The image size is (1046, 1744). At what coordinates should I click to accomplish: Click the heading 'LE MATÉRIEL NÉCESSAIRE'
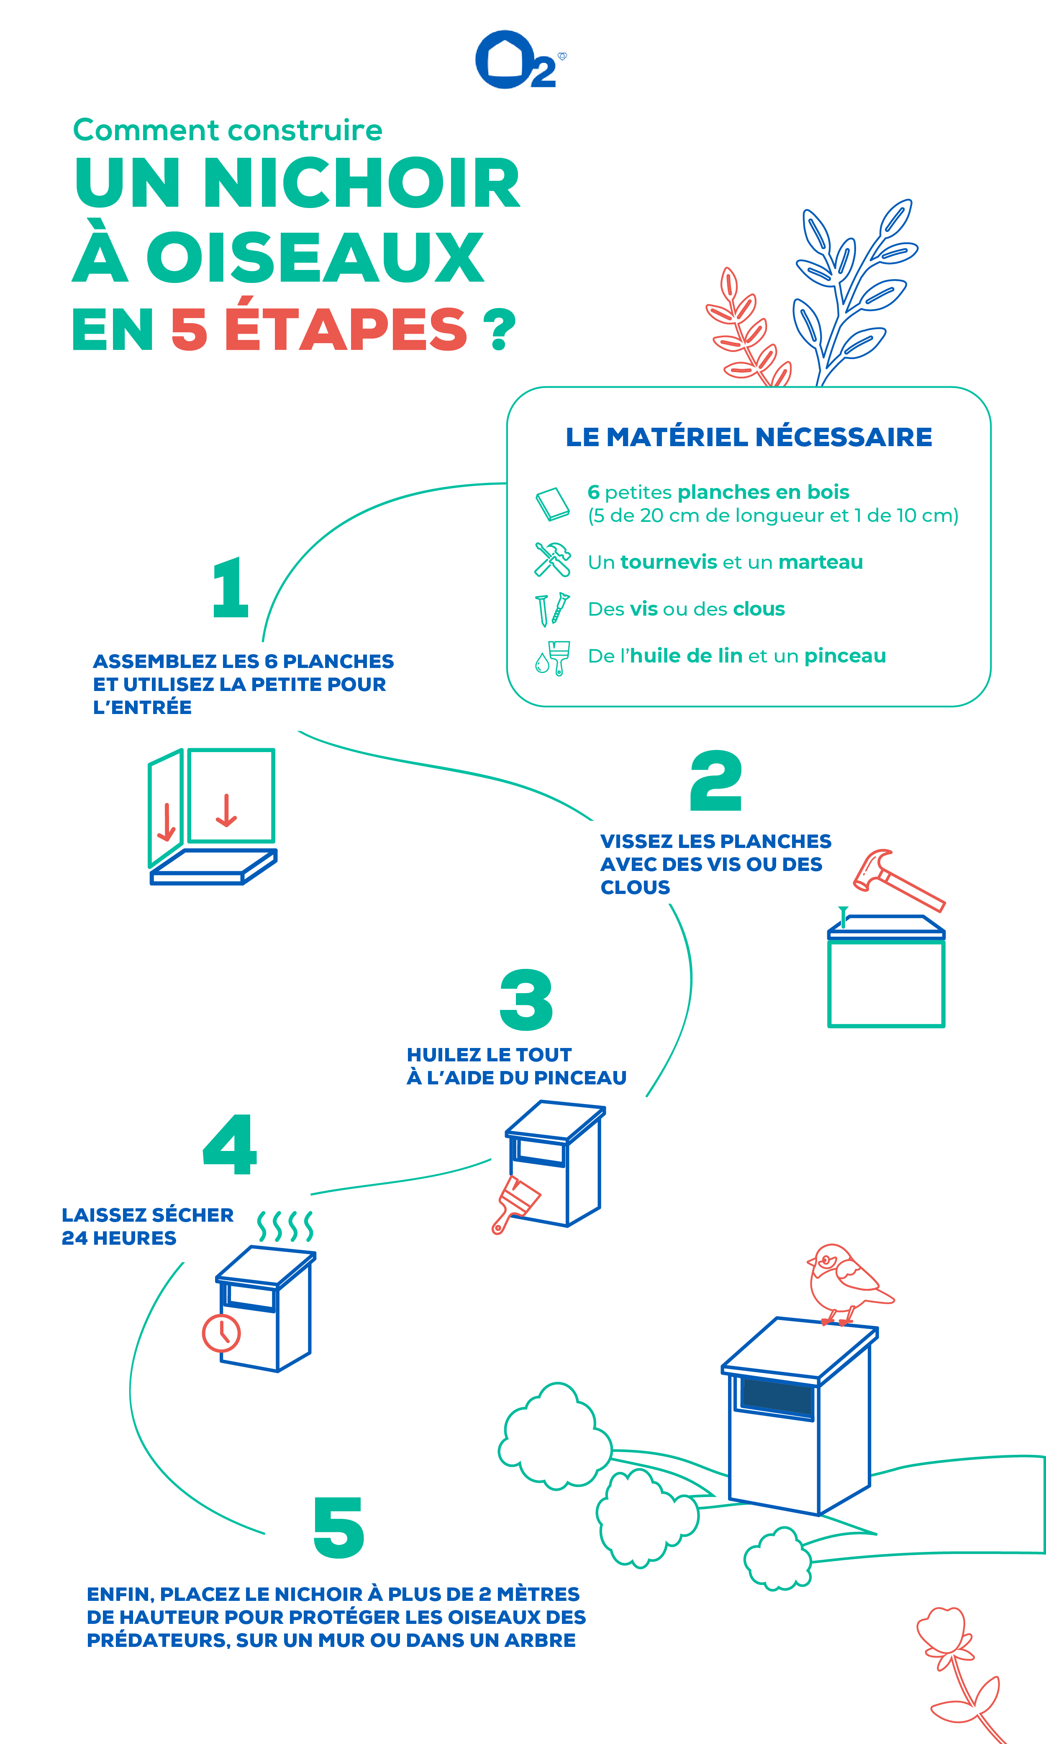point(749,437)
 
